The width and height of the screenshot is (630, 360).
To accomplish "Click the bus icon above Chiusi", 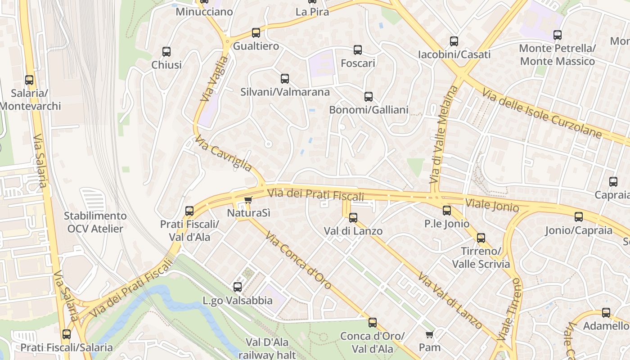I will click(x=166, y=52).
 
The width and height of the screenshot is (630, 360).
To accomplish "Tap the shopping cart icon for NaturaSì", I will click(x=248, y=200).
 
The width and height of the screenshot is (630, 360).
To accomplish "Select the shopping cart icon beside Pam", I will click(x=429, y=334).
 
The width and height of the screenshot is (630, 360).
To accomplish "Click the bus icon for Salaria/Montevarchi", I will click(x=29, y=80).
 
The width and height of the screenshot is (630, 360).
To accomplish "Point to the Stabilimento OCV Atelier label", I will click(x=95, y=222).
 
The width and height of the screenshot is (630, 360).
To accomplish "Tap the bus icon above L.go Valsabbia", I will click(x=237, y=287).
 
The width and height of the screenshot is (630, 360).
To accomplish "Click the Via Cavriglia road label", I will click(x=223, y=153).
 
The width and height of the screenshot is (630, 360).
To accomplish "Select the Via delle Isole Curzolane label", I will click(x=542, y=113).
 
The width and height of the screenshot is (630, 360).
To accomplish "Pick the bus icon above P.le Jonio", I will click(x=446, y=210).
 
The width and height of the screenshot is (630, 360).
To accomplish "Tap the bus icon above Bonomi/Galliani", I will click(x=369, y=96).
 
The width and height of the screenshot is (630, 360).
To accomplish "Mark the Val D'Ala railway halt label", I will click(x=267, y=348).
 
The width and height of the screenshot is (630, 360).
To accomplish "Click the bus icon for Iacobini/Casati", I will click(x=454, y=41).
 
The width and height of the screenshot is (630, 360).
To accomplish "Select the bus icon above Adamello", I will click(x=606, y=313).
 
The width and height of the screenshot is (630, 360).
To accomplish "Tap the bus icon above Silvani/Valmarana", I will click(x=285, y=79).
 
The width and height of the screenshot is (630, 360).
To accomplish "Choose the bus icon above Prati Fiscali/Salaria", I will click(x=67, y=334).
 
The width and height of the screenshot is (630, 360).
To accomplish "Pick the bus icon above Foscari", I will click(x=358, y=50).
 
